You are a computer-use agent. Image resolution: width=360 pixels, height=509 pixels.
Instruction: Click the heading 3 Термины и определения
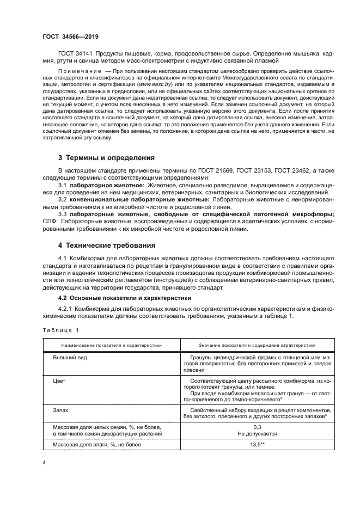coord(107,158)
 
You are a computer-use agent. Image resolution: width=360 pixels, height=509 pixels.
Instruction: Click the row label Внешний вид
coord(70,358)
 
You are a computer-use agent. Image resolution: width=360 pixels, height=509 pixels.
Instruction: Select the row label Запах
coord(60,412)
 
